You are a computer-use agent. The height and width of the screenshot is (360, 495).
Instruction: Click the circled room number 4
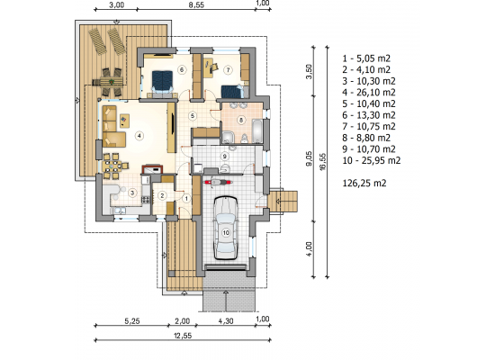(x=139, y=136)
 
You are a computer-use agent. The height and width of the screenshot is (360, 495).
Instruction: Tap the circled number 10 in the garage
(x=226, y=233)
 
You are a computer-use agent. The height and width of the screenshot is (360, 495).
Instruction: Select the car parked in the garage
(x=226, y=228)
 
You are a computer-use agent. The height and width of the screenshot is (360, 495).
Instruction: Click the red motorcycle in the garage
(x=218, y=183)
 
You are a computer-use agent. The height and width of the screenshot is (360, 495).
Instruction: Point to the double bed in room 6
(x=163, y=83)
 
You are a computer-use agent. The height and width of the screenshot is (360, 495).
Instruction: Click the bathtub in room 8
(x=257, y=130)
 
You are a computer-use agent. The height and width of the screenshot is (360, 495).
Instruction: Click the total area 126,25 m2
(x=364, y=184)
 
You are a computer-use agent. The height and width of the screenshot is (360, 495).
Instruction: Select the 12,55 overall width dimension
(x=183, y=336)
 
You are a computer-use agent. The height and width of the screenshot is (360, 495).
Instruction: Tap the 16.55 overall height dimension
(x=322, y=162)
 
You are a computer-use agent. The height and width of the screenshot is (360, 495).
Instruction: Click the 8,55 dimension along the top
(x=196, y=5)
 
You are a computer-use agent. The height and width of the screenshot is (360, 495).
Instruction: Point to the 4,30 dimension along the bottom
(x=226, y=321)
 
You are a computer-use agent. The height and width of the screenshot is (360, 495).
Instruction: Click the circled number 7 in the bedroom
(x=228, y=70)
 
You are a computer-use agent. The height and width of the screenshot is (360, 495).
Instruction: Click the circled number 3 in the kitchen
(x=132, y=193)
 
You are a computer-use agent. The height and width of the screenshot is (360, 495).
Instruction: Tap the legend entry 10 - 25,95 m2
(x=371, y=161)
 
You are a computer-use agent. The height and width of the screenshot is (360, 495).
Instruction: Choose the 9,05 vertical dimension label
(x=309, y=158)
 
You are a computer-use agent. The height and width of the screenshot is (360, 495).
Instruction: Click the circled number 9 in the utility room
(x=225, y=157)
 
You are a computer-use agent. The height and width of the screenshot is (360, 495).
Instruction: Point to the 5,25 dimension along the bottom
(x=132, y=321)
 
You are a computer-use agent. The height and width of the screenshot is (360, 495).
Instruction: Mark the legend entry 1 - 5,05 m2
(x=366, y=58)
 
